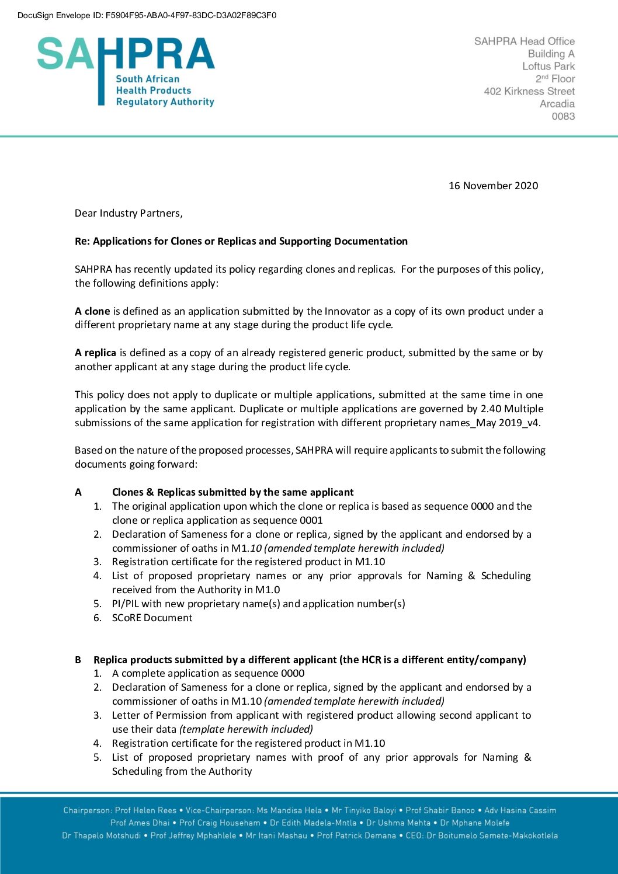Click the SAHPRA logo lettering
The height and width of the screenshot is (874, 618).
pos(126,54)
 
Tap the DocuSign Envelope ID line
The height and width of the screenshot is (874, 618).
pos(147,15)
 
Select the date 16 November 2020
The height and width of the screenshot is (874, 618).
pos(493,186)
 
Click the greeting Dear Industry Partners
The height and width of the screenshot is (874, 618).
pos(129,213)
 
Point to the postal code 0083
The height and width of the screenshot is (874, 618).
pos(563,116)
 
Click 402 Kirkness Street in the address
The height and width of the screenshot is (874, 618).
pos(529,91)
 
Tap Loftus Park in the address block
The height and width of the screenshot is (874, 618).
pos(548,66)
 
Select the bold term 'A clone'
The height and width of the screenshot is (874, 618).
pos(92,311)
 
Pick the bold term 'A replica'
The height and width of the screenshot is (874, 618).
pos(95,353)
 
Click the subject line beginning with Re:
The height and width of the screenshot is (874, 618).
pos(241,241)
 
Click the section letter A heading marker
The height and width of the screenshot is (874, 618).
pos(78,492)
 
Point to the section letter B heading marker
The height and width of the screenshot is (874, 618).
pos(78,660)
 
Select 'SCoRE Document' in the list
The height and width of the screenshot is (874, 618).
pos(152,618)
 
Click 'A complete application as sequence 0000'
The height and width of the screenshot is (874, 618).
pos(208,673)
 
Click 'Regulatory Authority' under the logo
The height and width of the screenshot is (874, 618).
pos(165,102)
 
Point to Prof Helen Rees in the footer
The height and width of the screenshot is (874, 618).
pos(145,810)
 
